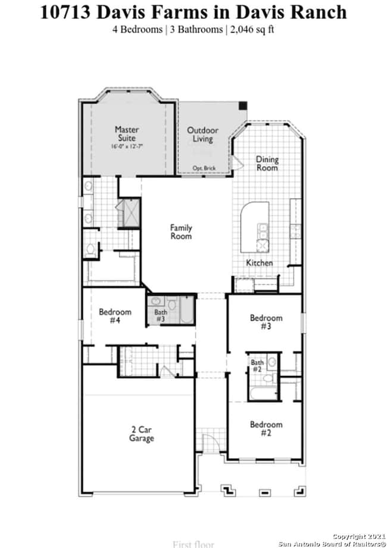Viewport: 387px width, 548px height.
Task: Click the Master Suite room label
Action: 127,133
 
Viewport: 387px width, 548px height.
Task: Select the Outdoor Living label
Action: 202,134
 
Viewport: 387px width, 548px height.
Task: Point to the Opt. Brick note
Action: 204,168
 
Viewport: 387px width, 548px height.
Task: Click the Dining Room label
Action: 267,164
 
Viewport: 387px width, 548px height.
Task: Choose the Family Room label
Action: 181,231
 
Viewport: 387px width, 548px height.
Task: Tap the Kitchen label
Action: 260,262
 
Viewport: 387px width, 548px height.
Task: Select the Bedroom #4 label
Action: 114,316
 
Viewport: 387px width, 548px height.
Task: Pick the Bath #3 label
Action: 161,315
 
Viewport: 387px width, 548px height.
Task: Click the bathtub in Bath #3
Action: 186,310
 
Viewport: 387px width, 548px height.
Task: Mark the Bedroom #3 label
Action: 266,322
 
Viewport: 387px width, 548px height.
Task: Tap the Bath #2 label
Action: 257,365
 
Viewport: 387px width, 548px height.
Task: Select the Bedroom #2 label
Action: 266,428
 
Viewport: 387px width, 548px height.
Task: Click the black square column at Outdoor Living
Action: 242,105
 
